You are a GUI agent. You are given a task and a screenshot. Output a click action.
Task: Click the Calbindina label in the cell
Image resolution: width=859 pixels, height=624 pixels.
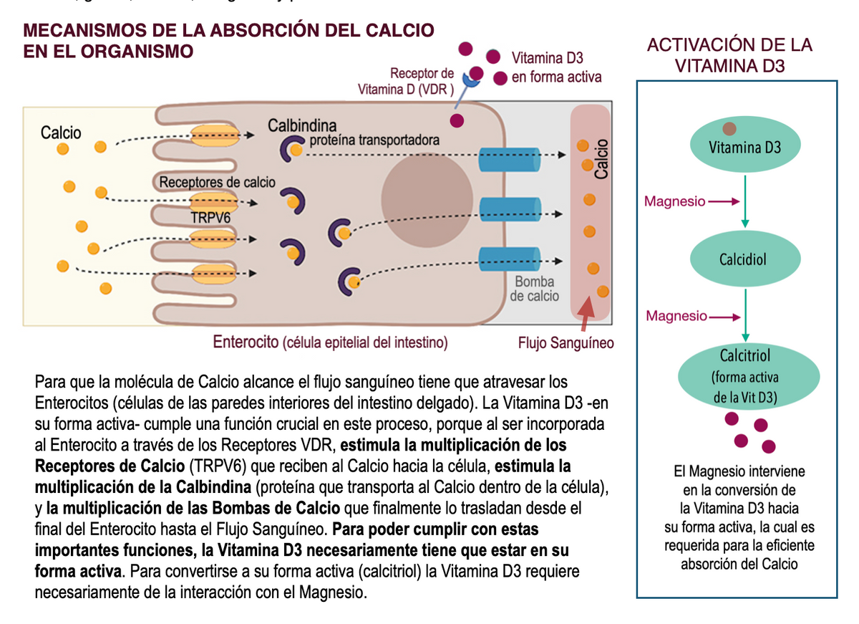tap(301, 126)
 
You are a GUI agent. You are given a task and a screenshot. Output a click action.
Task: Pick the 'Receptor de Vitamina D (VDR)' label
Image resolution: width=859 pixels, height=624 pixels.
tap(406, 82)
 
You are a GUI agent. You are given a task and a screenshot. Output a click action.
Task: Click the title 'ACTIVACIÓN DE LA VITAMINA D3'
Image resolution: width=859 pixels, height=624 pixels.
tap(729, 55)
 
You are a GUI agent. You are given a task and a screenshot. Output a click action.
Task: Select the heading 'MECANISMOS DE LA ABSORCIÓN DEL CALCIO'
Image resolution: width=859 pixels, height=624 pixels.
tap(229, 31)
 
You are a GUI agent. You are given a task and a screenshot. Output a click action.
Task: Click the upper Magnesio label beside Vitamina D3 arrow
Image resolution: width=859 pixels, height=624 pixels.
tap(674, 201)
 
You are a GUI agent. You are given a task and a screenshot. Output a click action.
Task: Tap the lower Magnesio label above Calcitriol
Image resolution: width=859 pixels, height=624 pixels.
tap(676, 316)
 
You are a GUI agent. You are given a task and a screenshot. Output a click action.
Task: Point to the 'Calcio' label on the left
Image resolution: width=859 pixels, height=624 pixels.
tap(61, 133)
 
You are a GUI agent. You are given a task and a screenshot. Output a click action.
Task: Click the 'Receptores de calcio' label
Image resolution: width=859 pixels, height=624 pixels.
tap(217, 182)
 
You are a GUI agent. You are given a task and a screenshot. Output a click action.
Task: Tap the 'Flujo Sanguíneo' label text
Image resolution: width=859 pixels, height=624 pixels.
tap(566, 343)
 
